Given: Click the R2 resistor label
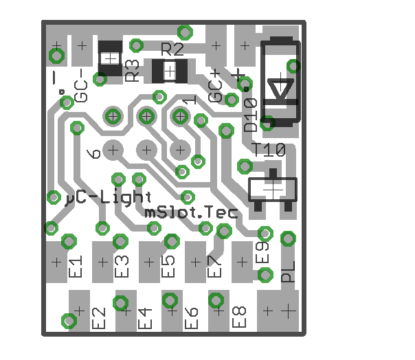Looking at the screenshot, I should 172,49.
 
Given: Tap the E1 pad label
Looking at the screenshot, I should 76,266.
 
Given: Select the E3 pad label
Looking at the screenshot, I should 122,266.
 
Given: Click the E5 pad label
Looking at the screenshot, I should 168,266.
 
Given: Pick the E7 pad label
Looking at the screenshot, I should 214,266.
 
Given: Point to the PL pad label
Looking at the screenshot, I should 289,271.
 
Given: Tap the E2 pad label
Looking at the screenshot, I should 98,317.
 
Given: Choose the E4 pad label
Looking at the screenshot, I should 145,318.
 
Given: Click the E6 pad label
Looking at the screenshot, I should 192,317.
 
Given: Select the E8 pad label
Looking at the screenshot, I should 239,317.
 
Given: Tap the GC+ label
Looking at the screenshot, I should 216,88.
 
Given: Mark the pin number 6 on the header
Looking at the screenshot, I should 95,153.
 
